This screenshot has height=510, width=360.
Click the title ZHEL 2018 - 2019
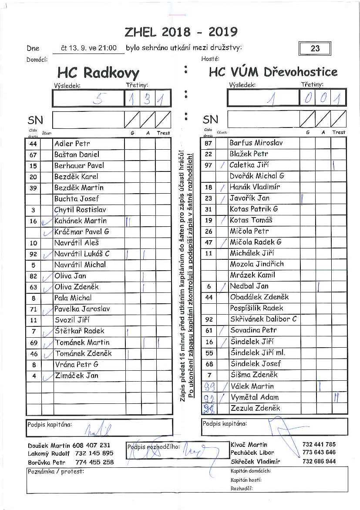click(181, 32)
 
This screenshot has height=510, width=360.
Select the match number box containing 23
click(315, 48)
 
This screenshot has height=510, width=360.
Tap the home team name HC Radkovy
click(98, 72)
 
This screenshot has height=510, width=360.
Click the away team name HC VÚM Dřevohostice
click(273, 72)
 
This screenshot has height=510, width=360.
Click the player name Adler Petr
click(72, 144)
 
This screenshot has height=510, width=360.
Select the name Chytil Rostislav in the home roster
click(80, 210)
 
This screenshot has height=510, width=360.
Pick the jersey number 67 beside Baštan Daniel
click(34, 155)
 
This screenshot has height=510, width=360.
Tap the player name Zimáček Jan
click(77, 375)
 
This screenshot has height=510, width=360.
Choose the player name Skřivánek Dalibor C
click(263, 319)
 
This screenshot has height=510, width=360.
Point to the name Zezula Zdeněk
click(255, 408)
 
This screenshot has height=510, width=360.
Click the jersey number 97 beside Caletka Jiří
click(209, 165)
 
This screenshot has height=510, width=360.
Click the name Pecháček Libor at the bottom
click(252, 453)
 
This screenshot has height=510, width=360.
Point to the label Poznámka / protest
click(56, 471)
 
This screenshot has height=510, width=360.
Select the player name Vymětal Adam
click(254, 397)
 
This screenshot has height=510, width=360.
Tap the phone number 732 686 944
click(319, 461)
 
